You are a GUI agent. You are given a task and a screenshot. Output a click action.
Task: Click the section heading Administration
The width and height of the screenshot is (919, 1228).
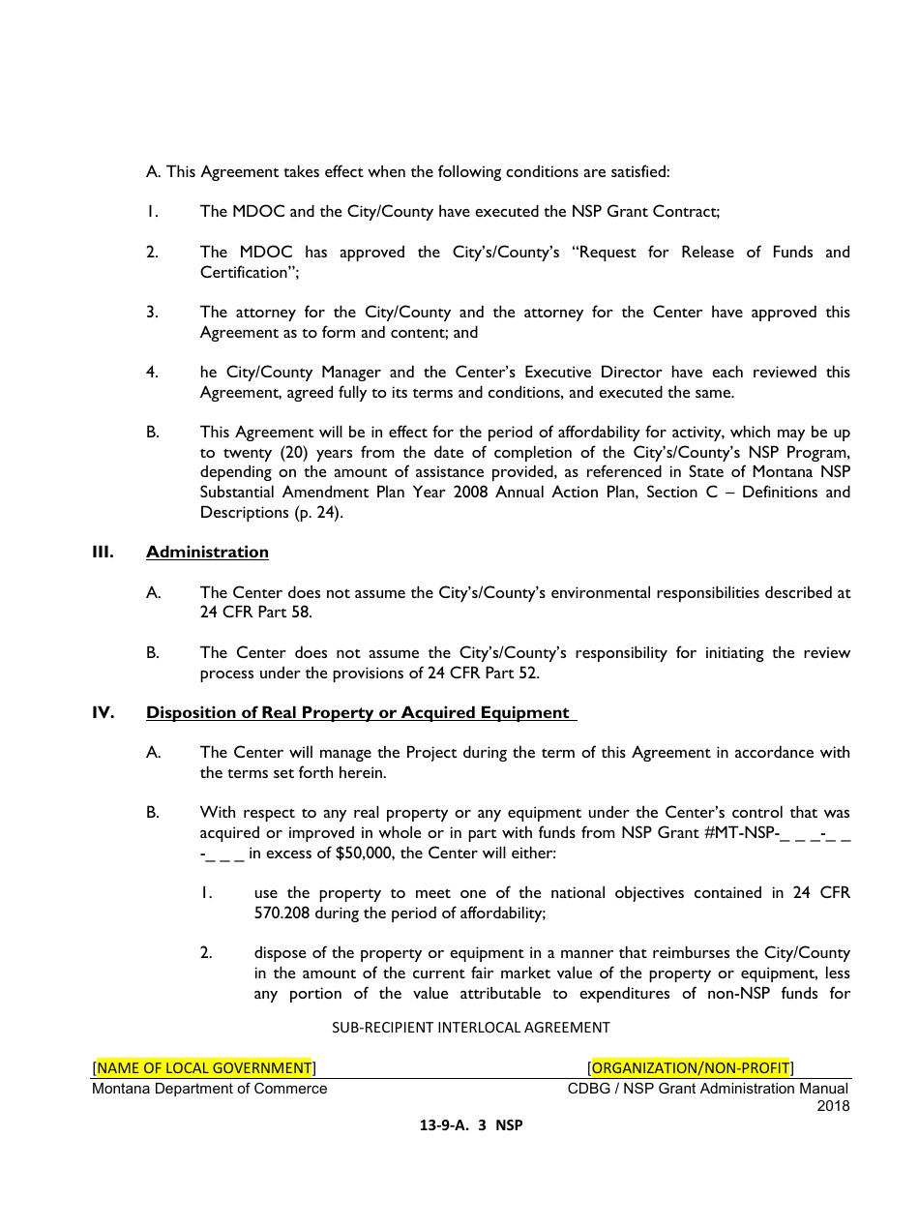(207, 553)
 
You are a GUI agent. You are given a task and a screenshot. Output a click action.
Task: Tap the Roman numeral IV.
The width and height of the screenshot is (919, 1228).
(104, 713)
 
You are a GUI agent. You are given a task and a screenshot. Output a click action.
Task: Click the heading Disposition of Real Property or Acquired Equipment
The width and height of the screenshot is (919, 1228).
(358, 713)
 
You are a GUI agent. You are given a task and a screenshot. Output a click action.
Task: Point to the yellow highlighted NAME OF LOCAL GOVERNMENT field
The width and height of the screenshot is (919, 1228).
(204, 1068)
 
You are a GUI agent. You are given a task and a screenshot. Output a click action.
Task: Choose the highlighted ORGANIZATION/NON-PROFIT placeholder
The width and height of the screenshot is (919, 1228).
(690, 1068)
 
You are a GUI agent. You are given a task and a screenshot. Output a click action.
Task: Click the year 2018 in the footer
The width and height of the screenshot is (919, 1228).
(833, 1106)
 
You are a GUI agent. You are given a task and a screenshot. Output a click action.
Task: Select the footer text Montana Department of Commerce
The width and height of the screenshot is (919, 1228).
(210, 1089)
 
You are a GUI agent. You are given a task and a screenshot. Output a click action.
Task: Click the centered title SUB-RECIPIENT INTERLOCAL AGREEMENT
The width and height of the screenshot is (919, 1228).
(471, 1028)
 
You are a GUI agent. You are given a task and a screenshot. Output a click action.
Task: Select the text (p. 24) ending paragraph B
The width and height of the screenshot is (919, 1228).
(318, 513)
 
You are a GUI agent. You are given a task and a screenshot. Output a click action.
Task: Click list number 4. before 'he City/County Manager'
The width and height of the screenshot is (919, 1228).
(152, 373)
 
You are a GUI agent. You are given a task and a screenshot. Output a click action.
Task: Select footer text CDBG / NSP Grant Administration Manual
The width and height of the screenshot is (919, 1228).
(708, 1089)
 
